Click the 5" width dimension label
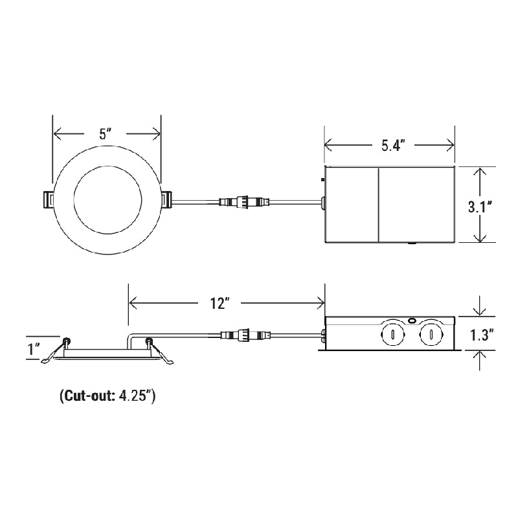(106, 134)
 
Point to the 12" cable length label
(220, 302)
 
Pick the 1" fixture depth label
(34, 350)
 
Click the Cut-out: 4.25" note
(107, 396)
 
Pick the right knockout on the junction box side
(427, 335)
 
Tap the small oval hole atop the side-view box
(412, 320)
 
